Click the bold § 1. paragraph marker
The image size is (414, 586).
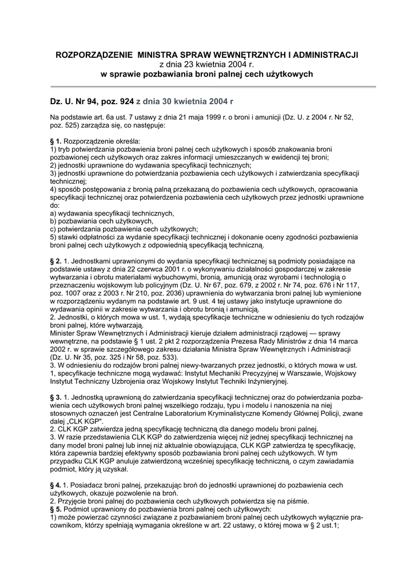pyautogui.click(x=56, y=140)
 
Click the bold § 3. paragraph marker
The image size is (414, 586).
pyautogui.click(x=56, y=397)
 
